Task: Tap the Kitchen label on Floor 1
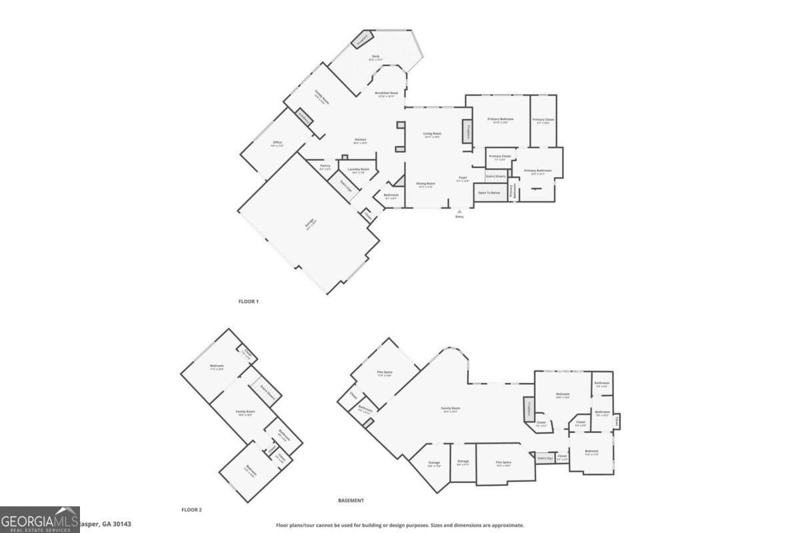coord(360,140)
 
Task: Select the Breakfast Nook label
coord(387,93)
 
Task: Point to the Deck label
coord(376,59)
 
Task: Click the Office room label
coord(277,143)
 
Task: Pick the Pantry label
coord(325,166)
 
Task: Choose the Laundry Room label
coord(359,169)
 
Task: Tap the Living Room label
coord(432,134)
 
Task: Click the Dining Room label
coord(426,183)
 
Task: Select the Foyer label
coord(463,178)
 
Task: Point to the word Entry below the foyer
coord(459,217)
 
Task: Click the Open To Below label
coord(490,193)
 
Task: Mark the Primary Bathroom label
coord(537,171)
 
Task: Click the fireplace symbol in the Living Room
coord(468,131)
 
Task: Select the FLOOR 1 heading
coord(249,302)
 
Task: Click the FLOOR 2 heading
coord(191,510)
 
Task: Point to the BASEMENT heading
coord(351,500)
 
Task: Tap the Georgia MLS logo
coord(40,520)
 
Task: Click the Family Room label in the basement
coord(451,408)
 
